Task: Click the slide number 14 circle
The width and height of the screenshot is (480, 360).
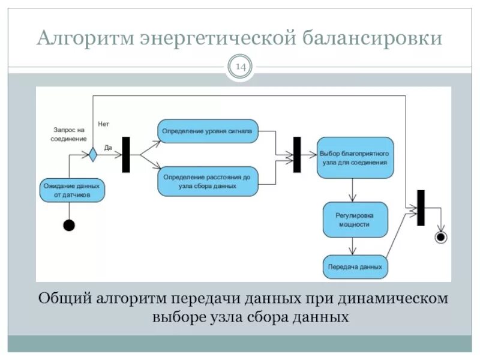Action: (241, 67)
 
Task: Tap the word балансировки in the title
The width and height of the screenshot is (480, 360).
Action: (371, 39)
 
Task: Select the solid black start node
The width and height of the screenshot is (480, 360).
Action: (69, 226)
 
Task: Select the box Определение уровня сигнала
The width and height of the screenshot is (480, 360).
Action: (208, 130)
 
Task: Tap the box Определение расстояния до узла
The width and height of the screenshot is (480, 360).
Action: (208, 181)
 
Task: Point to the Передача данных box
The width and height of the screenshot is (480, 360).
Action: (355, 266)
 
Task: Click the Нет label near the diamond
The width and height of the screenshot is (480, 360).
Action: (103, 124)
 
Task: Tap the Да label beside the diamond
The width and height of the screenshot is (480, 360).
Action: (109, 146)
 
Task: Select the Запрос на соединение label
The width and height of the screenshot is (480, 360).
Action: (70, 134)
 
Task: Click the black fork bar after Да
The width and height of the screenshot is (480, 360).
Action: (126, 155)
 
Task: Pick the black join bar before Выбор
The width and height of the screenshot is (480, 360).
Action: (296, 155)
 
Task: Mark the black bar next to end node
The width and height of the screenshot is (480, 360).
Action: (421, 208)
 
